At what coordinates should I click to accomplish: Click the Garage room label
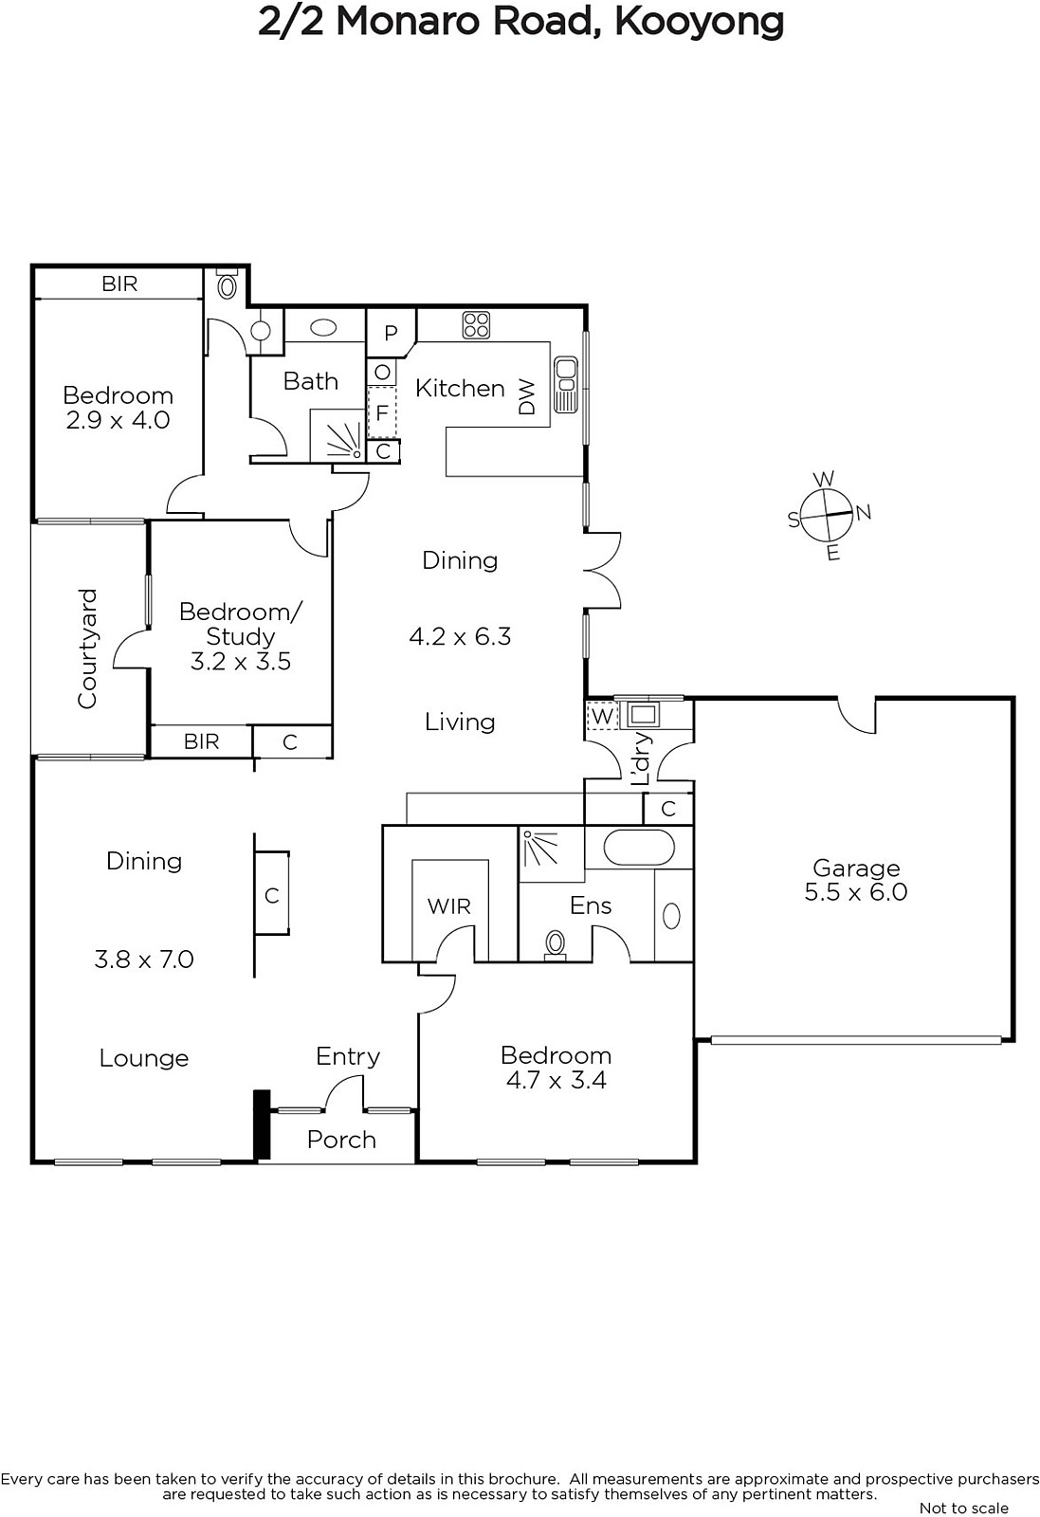click(856, 868)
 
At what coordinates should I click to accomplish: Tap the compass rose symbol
click(826, 516)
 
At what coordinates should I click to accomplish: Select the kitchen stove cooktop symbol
click(476, 324)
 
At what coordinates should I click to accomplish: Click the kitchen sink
click(565, 384)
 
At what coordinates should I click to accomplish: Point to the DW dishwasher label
click(526, 397)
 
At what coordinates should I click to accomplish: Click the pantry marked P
click(391, 333)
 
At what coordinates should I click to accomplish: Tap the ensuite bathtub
click(638, 848)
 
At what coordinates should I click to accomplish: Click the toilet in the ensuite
click(556, 944)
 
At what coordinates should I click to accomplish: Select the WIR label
click(449, 906)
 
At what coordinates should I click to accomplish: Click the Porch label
click(341, 1140)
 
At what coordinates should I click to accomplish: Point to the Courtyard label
click(88, 649)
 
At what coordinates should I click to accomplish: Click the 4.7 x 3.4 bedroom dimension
click(556, 1080)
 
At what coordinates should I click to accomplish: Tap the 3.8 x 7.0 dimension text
click(144, 960)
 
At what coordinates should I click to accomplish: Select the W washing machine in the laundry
click(601, 716)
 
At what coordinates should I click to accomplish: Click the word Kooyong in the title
click(699, 23)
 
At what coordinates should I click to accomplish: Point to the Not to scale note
click(964, 1508)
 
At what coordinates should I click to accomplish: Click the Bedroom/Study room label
click(241, 624)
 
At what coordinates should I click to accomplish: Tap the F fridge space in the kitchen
click(382, 412)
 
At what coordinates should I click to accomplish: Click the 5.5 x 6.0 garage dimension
click(856, 892)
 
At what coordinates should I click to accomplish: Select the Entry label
click(348, 1056)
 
